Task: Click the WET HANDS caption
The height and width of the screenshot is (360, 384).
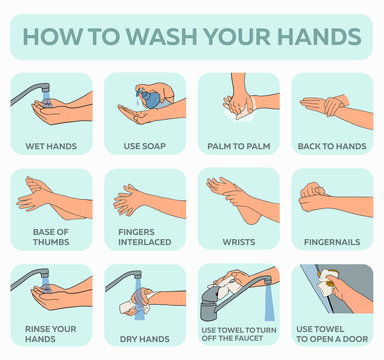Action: pos(50,147)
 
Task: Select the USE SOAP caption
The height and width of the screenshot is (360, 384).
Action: pos(145,147)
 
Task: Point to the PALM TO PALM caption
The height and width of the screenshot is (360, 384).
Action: pos(239,147)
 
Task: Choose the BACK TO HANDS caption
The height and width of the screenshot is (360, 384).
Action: pos(333,147)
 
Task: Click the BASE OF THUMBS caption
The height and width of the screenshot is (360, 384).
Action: pos(50,237)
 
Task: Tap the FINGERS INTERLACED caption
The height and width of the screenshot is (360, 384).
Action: pos(145,237)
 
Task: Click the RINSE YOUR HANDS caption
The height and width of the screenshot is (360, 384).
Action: pos(50,333)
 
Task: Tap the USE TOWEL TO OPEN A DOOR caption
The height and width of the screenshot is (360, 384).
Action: pos(333,333)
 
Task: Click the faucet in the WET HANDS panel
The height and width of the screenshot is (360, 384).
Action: pos(28,91)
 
